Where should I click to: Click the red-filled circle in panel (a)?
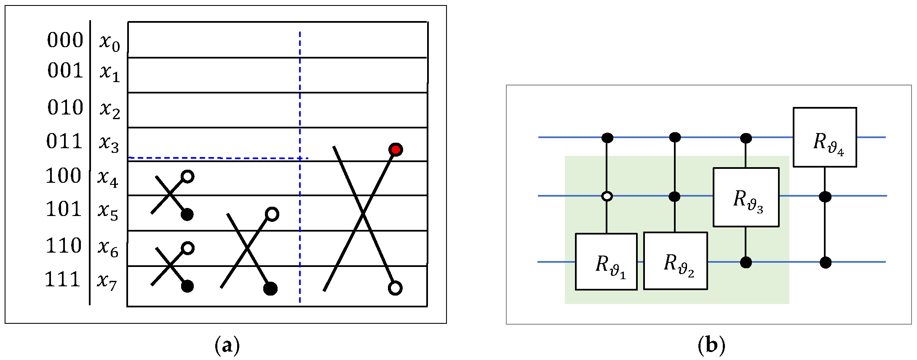[x=396, y=149]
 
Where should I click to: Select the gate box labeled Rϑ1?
[x=606, y=261]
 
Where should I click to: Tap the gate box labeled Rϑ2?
[x=675, y=261]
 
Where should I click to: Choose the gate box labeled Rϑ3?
[x=746, y=197]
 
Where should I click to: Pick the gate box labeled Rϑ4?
[x=825, y=137]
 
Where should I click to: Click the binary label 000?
[x=65, y=40]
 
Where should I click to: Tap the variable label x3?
[x=109, y=143]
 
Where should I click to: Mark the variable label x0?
[x=110, y=43]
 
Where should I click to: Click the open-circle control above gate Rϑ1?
[x=607, y=196]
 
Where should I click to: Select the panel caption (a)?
[x=227, y=346]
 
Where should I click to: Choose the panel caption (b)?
[x=711, y=346]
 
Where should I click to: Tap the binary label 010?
[x=65, y=108]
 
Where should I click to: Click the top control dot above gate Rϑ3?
[x=746, y=138]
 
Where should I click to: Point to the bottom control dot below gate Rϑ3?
[x=746, y=262]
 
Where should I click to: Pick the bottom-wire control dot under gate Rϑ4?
[x=826, y=263]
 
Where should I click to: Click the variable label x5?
[x=108, y=211]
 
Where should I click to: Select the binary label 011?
[x=64, y=141]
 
